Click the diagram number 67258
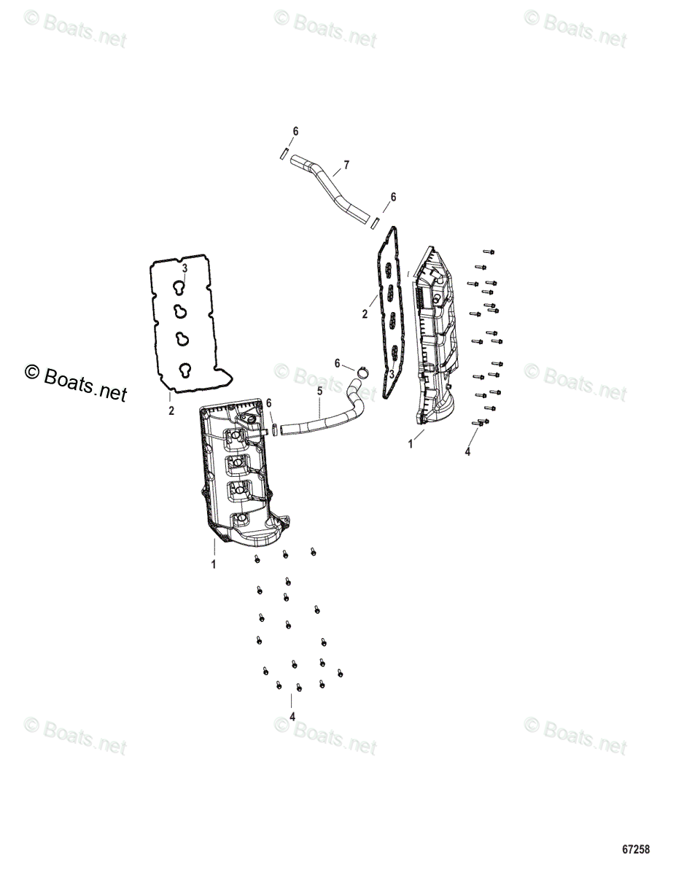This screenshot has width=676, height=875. pos(635,849)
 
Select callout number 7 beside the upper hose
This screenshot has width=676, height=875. pos(346,166)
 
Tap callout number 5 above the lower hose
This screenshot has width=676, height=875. pos(319,392)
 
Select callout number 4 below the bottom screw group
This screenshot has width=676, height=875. pos(292,717)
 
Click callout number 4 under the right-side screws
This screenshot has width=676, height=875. pos(467,452)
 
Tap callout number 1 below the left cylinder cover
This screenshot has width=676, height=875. pos(214,564)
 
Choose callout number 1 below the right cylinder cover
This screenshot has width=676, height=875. pos(411,443)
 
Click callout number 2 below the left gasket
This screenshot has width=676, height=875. pos(171,411)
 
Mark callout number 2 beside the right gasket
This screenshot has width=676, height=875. pos(365,315)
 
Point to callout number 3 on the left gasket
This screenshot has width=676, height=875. pos(184,268)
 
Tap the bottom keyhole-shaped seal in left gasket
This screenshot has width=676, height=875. pos(187,369)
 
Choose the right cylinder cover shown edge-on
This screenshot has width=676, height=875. pos(435,335)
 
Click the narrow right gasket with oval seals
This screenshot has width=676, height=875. pos(389,306)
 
